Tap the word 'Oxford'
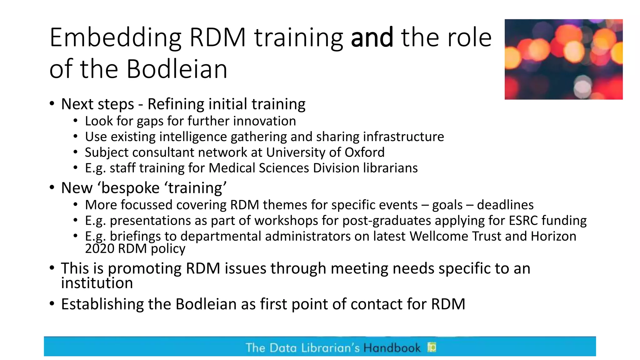pyautogui.click(x=364, y=152)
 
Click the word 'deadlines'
pyautogui.click(x=505, y=205)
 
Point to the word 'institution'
pyautogui.click(x=97, y=283)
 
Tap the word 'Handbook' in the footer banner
pyautogui.click(x=392, y=348)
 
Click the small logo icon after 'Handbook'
pyautogui.click(x=432, y=347)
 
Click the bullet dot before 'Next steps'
pyautogui.click(x=52, y=104)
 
